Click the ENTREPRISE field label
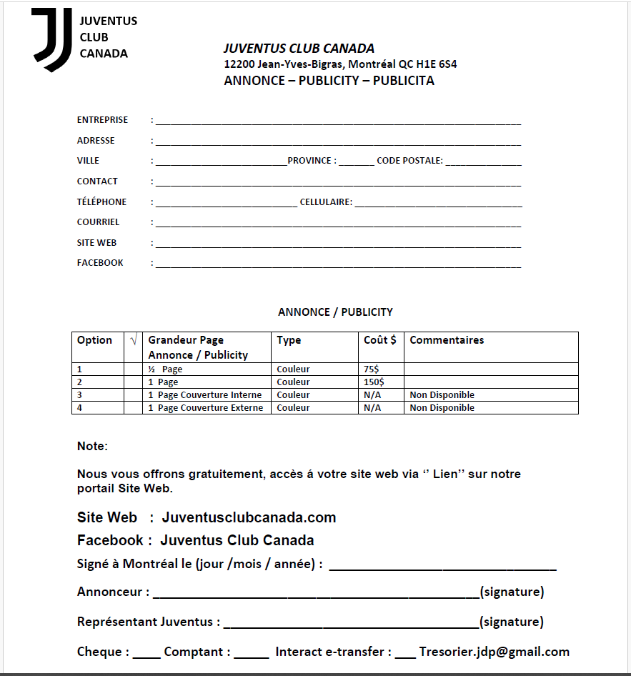point(102,120)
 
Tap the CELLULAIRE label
point(326,202)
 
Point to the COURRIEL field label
point(99,222)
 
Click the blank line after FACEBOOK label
point(338,265)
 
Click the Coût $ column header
point(380,340)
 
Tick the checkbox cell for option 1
point(133,369)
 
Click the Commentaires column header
point(447,340)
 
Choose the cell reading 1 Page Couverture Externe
point(206,408)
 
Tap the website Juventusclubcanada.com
point(249,517)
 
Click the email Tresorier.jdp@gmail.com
point(495,652)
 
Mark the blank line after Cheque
point(146,654)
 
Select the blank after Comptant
point(252,654)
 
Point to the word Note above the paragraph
point(91,447)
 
